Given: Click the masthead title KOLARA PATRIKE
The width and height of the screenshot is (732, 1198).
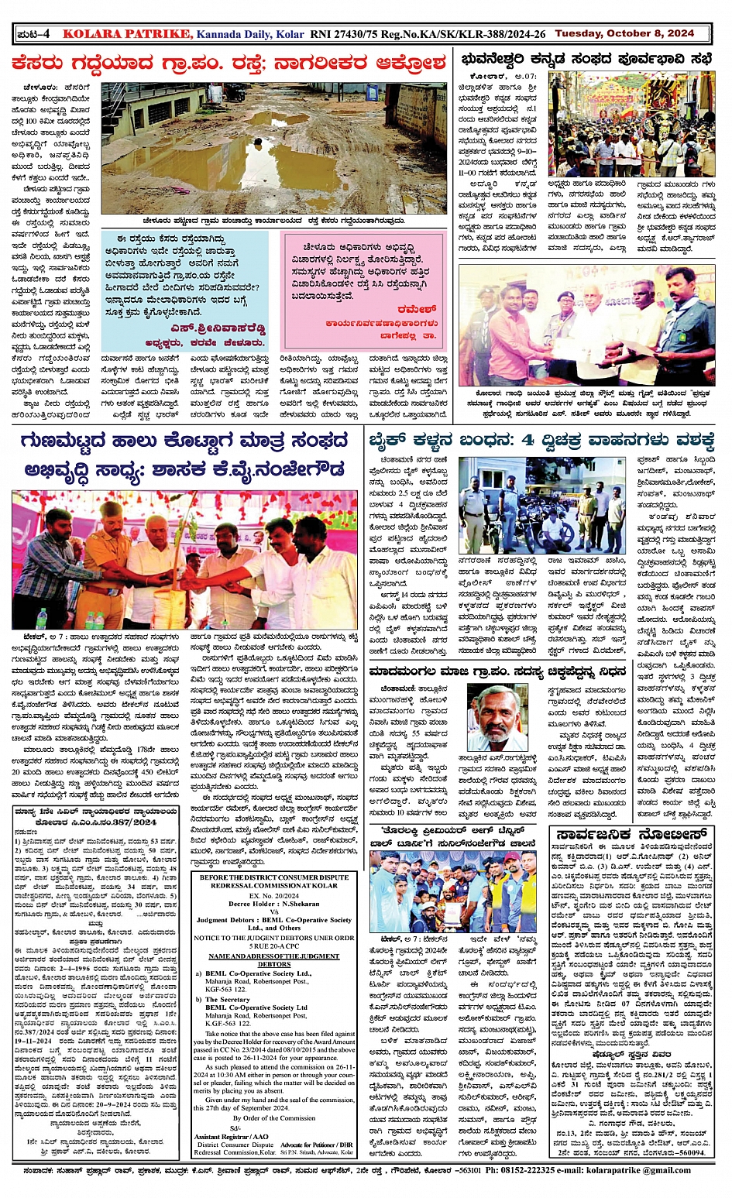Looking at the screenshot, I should [x=126, y=33].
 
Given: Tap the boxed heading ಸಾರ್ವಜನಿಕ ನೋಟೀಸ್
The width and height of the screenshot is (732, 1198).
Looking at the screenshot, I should [x=631, y=835].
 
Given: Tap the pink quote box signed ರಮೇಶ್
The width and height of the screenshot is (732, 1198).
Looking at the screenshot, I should [x=363, y=290].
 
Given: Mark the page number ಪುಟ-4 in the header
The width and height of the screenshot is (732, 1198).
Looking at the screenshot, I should [x=34, y=33].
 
